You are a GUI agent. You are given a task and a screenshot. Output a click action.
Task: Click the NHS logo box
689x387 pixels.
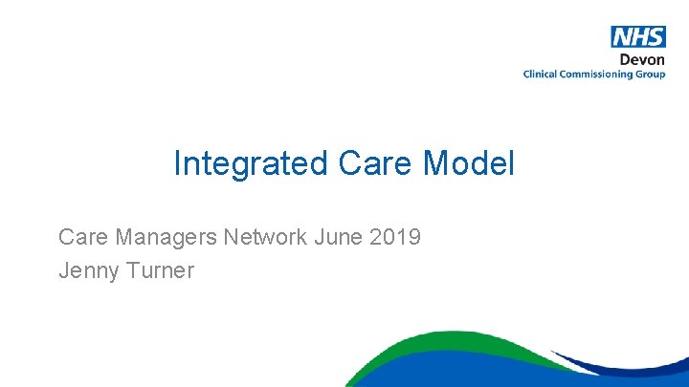point(638,37)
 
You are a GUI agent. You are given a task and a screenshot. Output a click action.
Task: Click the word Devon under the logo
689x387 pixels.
point(642,59)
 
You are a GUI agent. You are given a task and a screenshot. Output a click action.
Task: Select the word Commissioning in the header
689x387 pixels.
point(600,75)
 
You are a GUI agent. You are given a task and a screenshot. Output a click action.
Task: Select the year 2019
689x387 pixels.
point(395,236)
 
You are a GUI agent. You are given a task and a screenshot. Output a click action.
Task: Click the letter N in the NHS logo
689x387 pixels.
point(623,37)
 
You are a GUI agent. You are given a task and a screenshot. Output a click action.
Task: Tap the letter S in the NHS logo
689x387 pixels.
point(656,37)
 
